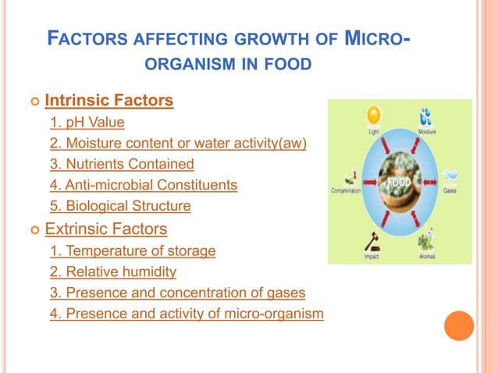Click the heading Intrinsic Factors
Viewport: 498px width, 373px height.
click(108, 101)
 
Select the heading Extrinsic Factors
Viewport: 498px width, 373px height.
click(105, 229)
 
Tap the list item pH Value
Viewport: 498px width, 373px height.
click(87, 123)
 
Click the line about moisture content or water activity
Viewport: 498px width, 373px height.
click(178, 144)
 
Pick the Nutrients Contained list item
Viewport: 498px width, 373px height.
click(122, 165)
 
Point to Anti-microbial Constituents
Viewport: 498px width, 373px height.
click(144, 186)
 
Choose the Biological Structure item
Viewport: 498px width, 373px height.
click(120, 207)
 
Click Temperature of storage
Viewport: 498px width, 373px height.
click(133, 251)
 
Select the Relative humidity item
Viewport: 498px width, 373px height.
click(113, 272)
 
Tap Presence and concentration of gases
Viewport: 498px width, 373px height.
click(177, 293)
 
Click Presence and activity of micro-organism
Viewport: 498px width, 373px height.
click(187, 314)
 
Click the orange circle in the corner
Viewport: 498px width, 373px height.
click(459, 325)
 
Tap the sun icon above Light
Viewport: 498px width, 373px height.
click(374, 115)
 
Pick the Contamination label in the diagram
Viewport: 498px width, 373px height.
click(346, 190)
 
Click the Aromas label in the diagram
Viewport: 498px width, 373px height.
click(426, 256)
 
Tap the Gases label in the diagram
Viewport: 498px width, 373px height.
click(450, 190)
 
